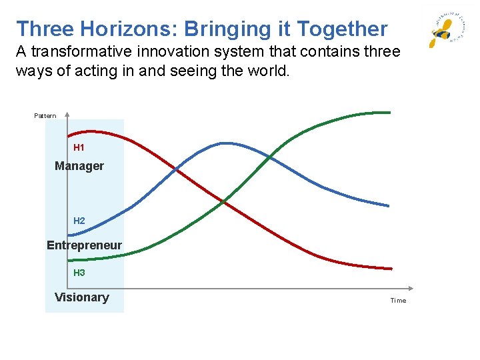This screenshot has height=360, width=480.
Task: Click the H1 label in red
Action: (79, 147)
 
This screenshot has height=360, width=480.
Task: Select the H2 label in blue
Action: (79, 221)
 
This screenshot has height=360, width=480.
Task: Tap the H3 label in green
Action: (79, 273)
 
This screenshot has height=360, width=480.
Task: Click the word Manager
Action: (79, 166)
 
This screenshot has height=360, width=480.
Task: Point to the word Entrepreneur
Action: (84, 245)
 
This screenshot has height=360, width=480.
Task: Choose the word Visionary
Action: (81, 297)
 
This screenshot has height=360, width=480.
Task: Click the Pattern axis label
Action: (45, 116)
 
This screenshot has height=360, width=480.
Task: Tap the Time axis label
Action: (398, 301)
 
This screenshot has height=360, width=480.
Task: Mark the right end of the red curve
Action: (391, 268)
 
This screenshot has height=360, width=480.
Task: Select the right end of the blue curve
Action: (388, 205)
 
